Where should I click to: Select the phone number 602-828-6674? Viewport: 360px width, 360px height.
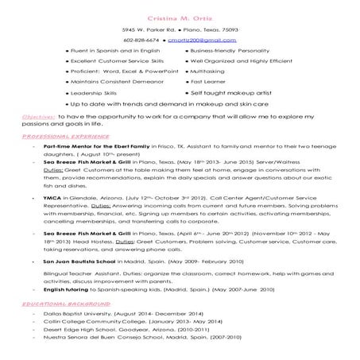coord(141,38)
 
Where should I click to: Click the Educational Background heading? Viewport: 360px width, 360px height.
coord(56,304)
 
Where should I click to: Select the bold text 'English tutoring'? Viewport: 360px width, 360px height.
coord(70,290)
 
